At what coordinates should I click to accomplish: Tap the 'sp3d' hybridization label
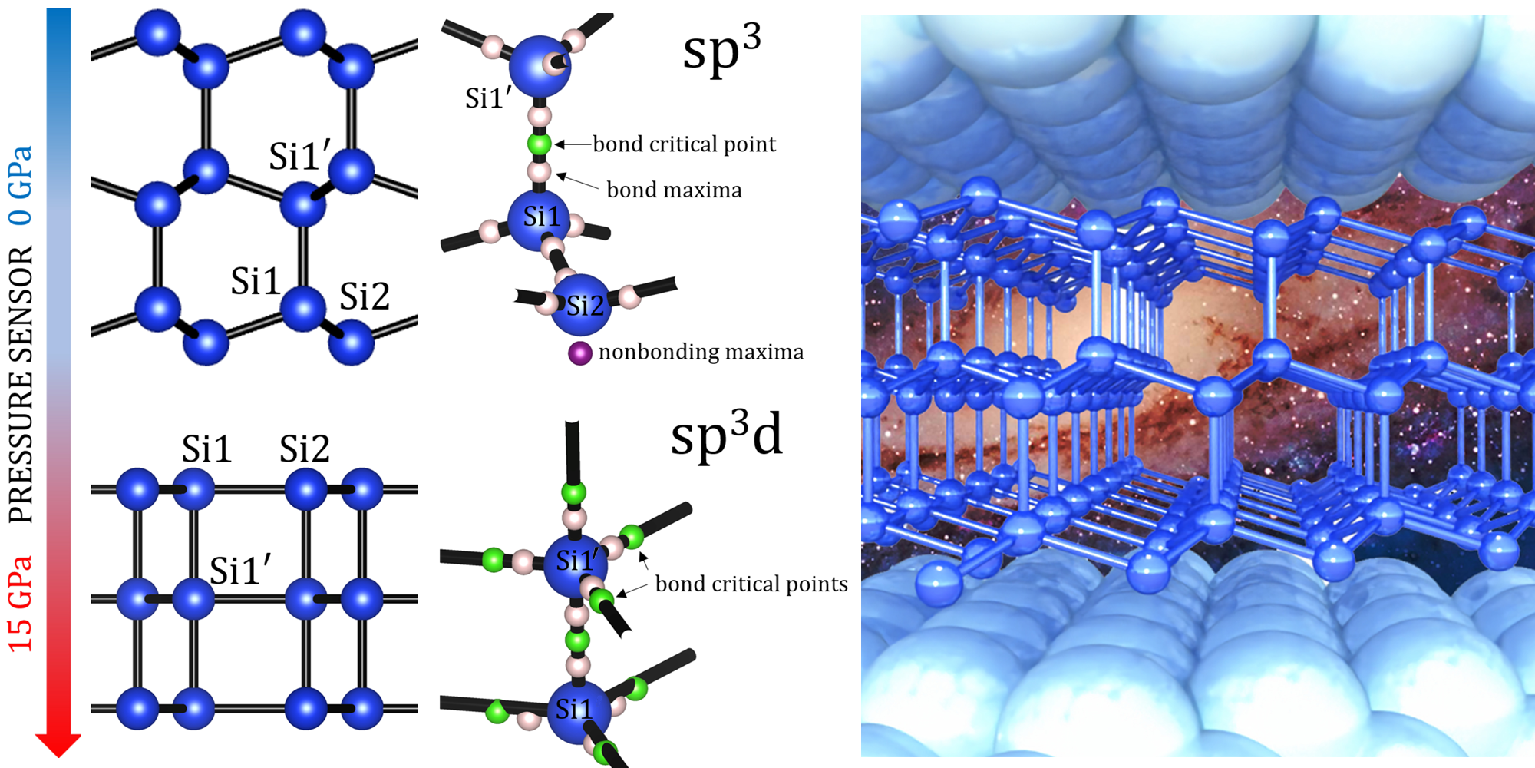click(x=726, y=435)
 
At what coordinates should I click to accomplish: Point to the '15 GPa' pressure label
click(x=21, y=604)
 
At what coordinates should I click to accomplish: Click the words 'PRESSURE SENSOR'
click(x=21, y=385)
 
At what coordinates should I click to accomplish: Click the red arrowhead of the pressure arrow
click(x=58, y=743)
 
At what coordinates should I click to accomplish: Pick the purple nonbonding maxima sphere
click(x=579, y=353)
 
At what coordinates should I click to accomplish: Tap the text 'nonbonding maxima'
click(x=701, y=352)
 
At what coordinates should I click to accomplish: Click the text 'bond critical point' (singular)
click(x=684, y=144)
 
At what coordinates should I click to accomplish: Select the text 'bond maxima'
click(x=674, y=190)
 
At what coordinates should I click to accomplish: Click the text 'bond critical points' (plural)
click(x=751, y=584)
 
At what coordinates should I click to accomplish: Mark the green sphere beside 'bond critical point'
click(x=540, y=144)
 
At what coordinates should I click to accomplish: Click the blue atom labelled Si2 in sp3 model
click(x=579, y=305)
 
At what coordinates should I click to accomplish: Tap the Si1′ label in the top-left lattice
click(x=299, y=156)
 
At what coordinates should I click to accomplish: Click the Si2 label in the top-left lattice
click(x=365, y=296)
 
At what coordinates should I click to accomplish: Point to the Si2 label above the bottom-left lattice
click(x=304, y=449)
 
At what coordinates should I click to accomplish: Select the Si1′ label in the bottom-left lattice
click(x=239, y=571)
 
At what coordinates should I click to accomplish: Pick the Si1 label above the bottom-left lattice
click(x=206, y=449)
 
